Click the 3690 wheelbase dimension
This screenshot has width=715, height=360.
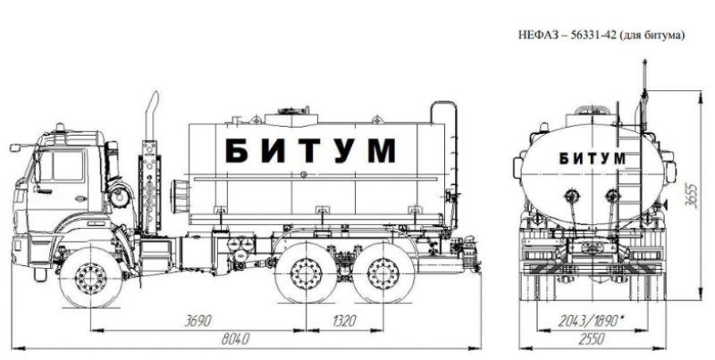coord(198,321)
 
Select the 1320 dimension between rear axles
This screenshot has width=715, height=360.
coord(343,321)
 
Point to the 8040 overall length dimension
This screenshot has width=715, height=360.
coord(235,339)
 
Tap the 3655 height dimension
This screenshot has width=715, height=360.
coord(693,196)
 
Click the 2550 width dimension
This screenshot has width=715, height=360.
coord(591,339)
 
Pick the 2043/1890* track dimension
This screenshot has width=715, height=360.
coord(592,322)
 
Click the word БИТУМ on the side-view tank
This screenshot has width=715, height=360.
coord(310,150)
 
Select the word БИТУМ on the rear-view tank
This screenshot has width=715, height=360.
coord(593,159)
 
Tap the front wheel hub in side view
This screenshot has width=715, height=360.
coord(91,278)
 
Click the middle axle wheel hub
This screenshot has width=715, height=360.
coord(306,273)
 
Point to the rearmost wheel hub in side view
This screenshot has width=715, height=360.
coord(383,273)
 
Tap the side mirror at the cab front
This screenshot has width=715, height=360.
coord(15,147)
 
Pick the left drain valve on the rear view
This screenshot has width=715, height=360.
coord(571,197)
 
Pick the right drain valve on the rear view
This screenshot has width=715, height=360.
coord(612,197)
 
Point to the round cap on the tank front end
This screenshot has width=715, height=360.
coord(180,196)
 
